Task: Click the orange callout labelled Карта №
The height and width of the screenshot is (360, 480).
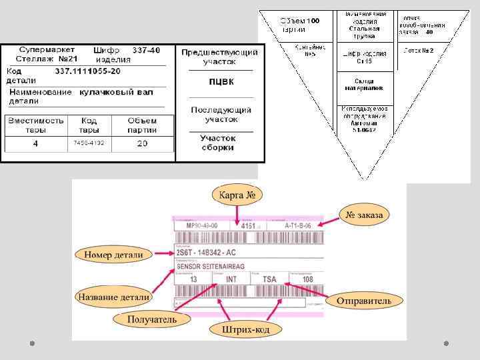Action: [237, 195]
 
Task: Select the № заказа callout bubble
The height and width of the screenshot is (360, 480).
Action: [366, 215]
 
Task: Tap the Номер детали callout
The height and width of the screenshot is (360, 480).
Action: [113, 255]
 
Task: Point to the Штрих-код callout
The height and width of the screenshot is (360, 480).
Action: [245, 329]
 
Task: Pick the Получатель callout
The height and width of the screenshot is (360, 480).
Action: [153, 319]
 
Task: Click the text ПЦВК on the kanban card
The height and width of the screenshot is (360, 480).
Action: [221, 82]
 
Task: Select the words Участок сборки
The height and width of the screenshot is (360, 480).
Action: [219, 142]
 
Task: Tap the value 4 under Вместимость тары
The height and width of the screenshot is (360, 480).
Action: [35, 143]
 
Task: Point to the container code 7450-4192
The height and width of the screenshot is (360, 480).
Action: [88, 143]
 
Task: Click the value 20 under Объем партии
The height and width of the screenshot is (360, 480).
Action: [142, 143]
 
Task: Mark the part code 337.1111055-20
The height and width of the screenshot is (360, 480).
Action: [87, 70]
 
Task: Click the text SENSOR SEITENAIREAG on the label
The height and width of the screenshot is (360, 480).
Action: [211, 266]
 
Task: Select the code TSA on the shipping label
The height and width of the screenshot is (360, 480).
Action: [269, 279]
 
